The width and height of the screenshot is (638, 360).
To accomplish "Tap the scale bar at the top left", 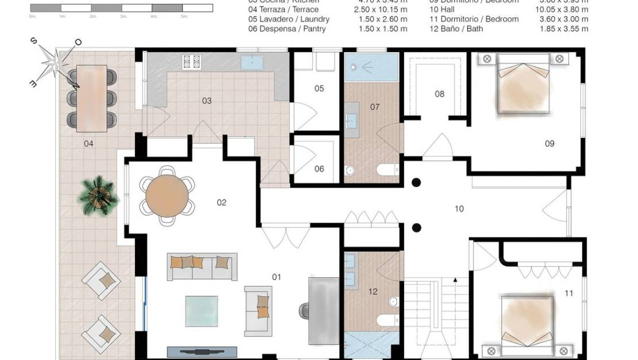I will tap(121, 8).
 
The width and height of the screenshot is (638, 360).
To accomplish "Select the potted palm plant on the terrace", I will tap(98, 196).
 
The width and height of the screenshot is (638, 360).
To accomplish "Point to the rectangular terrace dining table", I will tap(92, 97).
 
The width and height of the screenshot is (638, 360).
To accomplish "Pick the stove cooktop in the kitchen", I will tap(191, 61).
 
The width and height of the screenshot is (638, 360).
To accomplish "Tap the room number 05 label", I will tap(319, 89).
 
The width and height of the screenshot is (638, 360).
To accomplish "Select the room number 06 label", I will tap(319, 169).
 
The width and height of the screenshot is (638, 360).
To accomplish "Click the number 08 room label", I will tap(440, 94).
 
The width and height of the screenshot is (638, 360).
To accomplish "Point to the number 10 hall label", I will tap(459, 209).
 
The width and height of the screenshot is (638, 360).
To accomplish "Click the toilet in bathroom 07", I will tap(386, 169).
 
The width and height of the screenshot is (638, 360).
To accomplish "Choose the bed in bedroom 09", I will tap(523, 85).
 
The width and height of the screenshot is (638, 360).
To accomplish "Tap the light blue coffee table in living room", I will tap(201, 311).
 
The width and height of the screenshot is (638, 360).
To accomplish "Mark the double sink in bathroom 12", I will tap(351, 270).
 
